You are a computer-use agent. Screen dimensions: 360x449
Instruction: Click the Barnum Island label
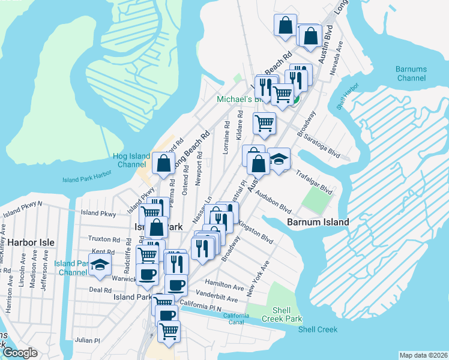(318, 222)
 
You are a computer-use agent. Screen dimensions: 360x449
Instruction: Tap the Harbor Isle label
(31, 242)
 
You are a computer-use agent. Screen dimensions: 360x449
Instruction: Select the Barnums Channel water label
(411, 74)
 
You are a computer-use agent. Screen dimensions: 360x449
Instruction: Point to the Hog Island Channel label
(122, 160)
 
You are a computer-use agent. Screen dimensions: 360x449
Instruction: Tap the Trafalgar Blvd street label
(314, 181)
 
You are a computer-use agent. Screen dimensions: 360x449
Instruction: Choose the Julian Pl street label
(88, 340)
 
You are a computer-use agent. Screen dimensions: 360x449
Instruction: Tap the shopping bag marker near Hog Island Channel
(164, 162)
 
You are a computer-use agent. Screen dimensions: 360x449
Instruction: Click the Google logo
(19, 353)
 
